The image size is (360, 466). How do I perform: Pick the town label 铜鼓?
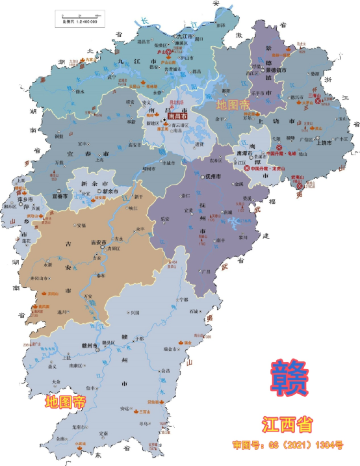click(59, 136)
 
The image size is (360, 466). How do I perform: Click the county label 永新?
click(47, 265)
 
